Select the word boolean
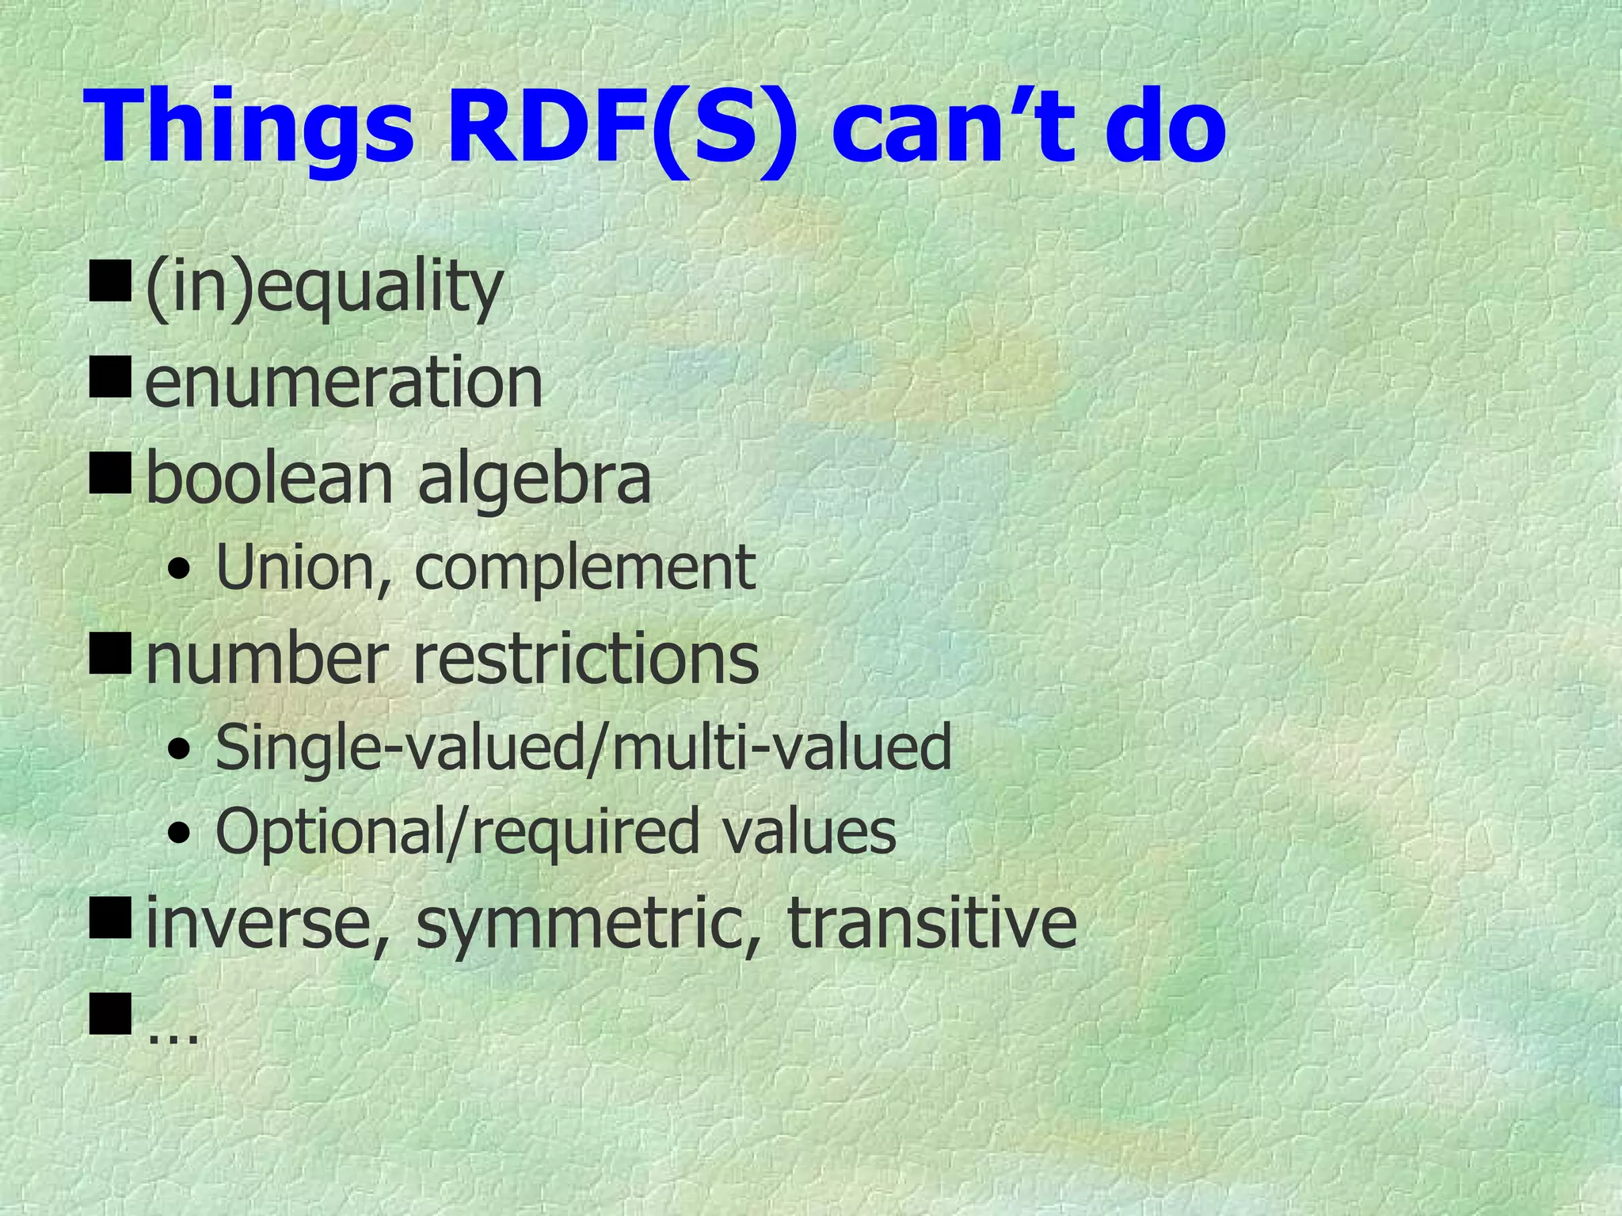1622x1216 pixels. tap(269, 479)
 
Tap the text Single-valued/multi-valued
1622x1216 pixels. tap(583, 749)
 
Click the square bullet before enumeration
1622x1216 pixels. tap(110, 378)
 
